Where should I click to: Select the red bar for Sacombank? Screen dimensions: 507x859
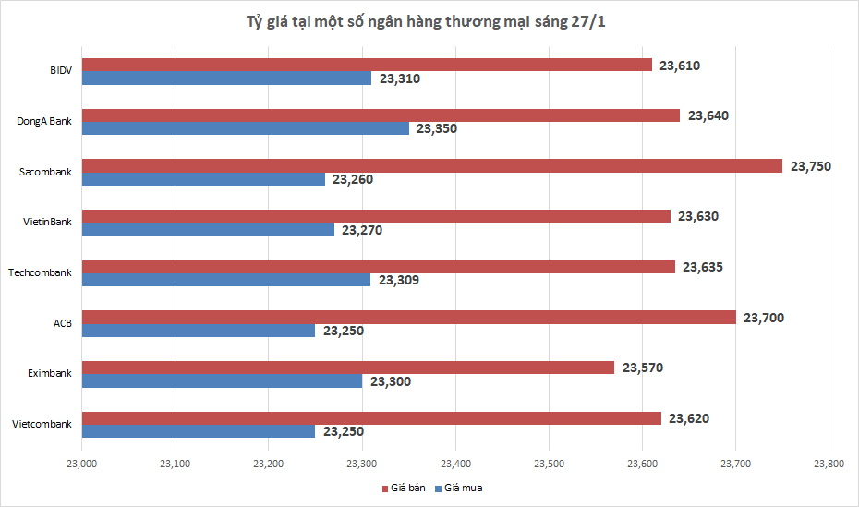point(432,166)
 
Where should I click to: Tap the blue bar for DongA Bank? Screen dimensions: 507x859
point(246,128)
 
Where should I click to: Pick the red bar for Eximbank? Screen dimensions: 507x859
point(348,368)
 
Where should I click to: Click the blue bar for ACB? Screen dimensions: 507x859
point(199,331)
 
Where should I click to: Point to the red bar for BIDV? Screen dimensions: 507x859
point(367,65)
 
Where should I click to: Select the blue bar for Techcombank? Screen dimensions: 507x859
point(226,280)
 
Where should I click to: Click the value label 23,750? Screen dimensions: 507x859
point(811,166)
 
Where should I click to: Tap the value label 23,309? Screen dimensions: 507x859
point(399,280)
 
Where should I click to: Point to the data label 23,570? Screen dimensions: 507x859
point(643,368)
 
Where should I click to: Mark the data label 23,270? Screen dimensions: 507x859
point(362,230)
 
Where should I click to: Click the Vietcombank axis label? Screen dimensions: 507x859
point(42,424)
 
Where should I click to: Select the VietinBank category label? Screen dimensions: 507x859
point(47,222)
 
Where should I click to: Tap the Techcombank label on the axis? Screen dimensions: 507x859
point(40,272)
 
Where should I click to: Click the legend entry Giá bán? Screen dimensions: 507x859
point(405,487)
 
